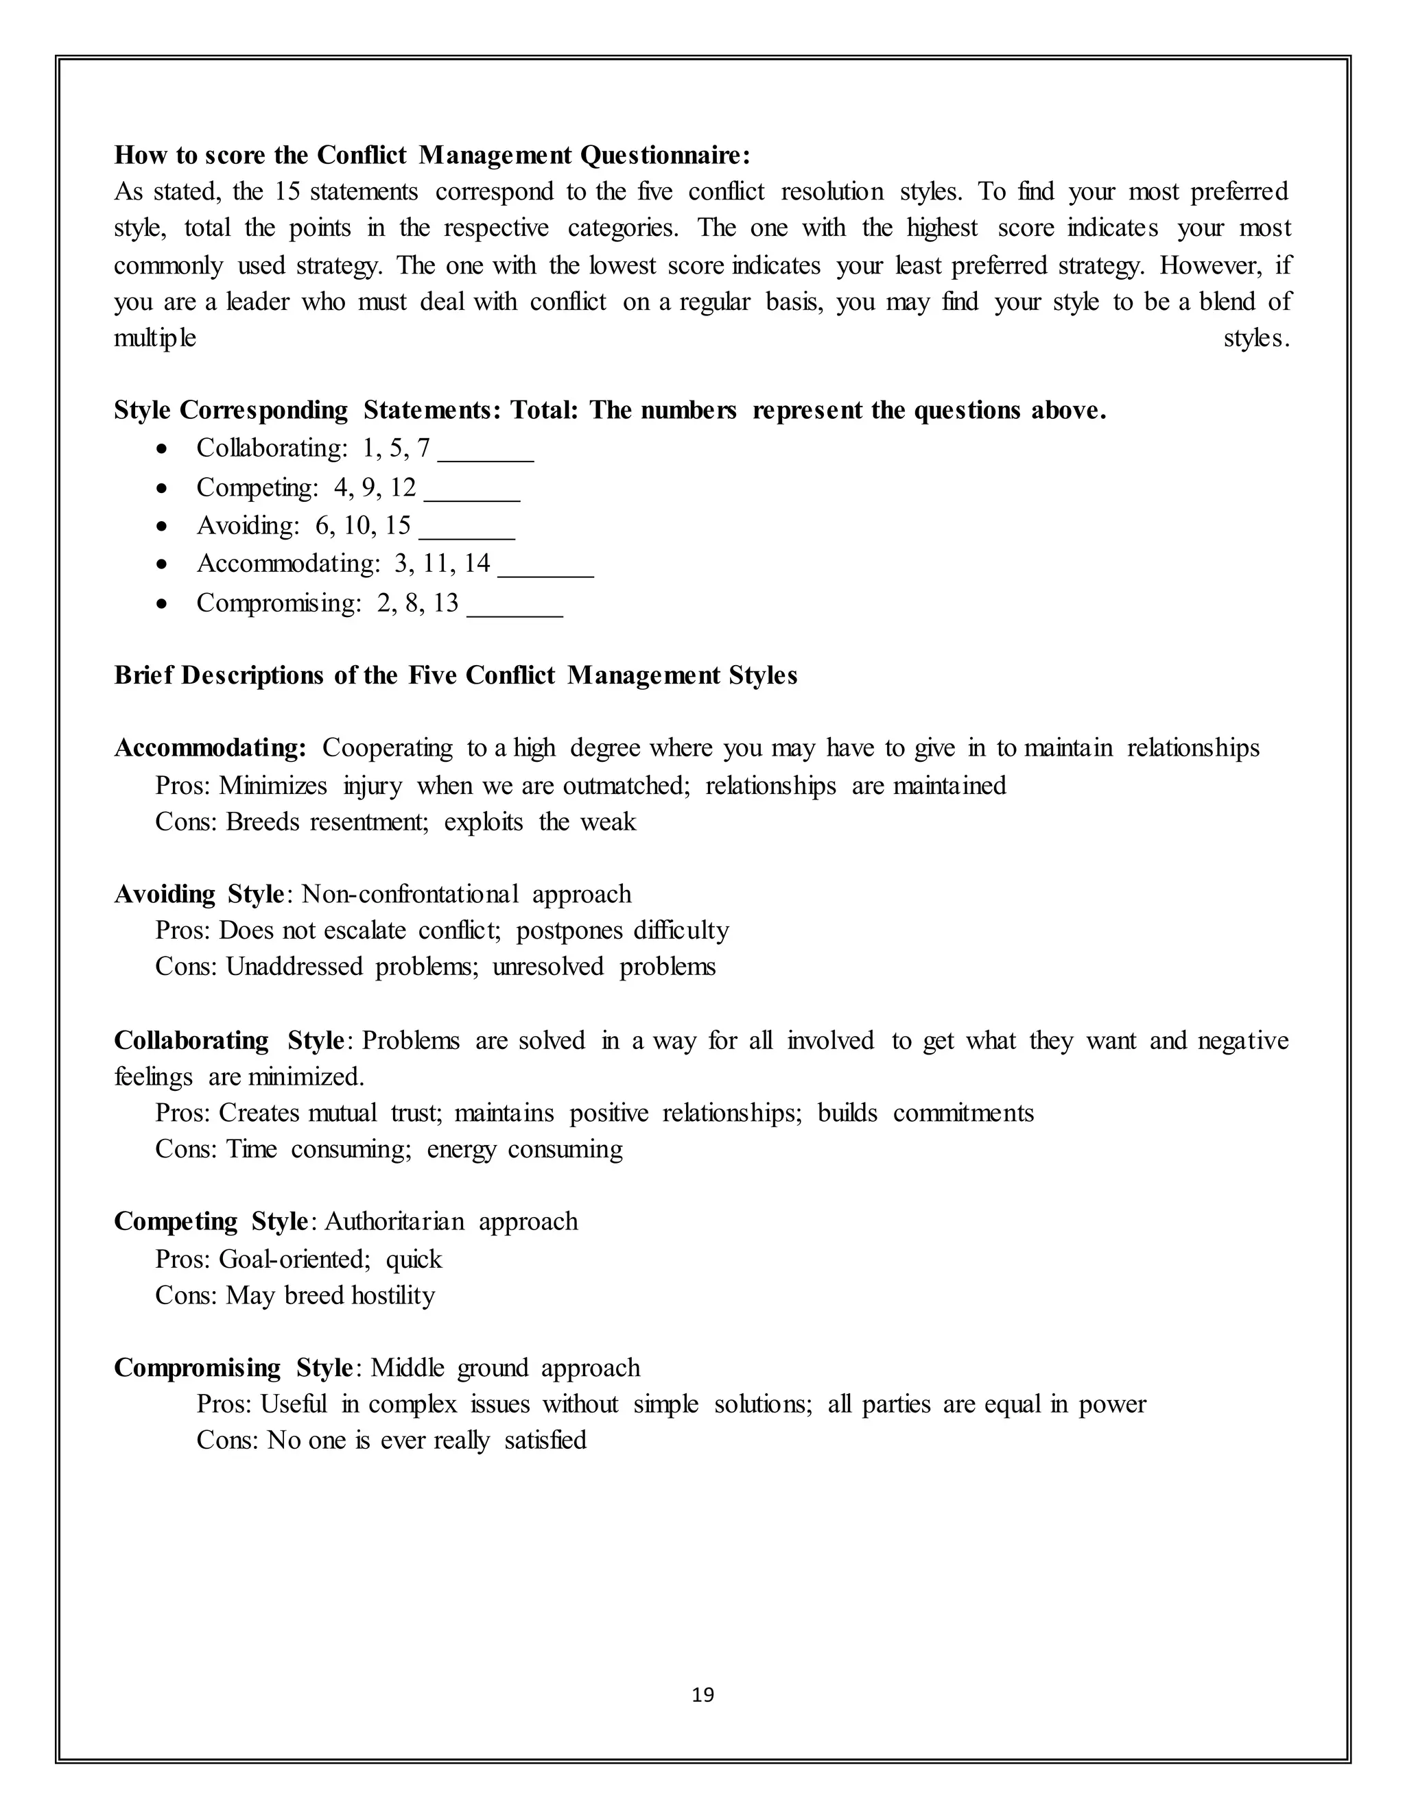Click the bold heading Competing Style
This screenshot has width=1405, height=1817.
click(x=211, y=1221)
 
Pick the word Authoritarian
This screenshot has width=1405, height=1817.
click(x=394, y=1221)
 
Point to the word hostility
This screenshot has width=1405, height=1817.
click(x=393, y=1295)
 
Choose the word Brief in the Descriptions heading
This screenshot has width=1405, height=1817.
click(x=144, y=675)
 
